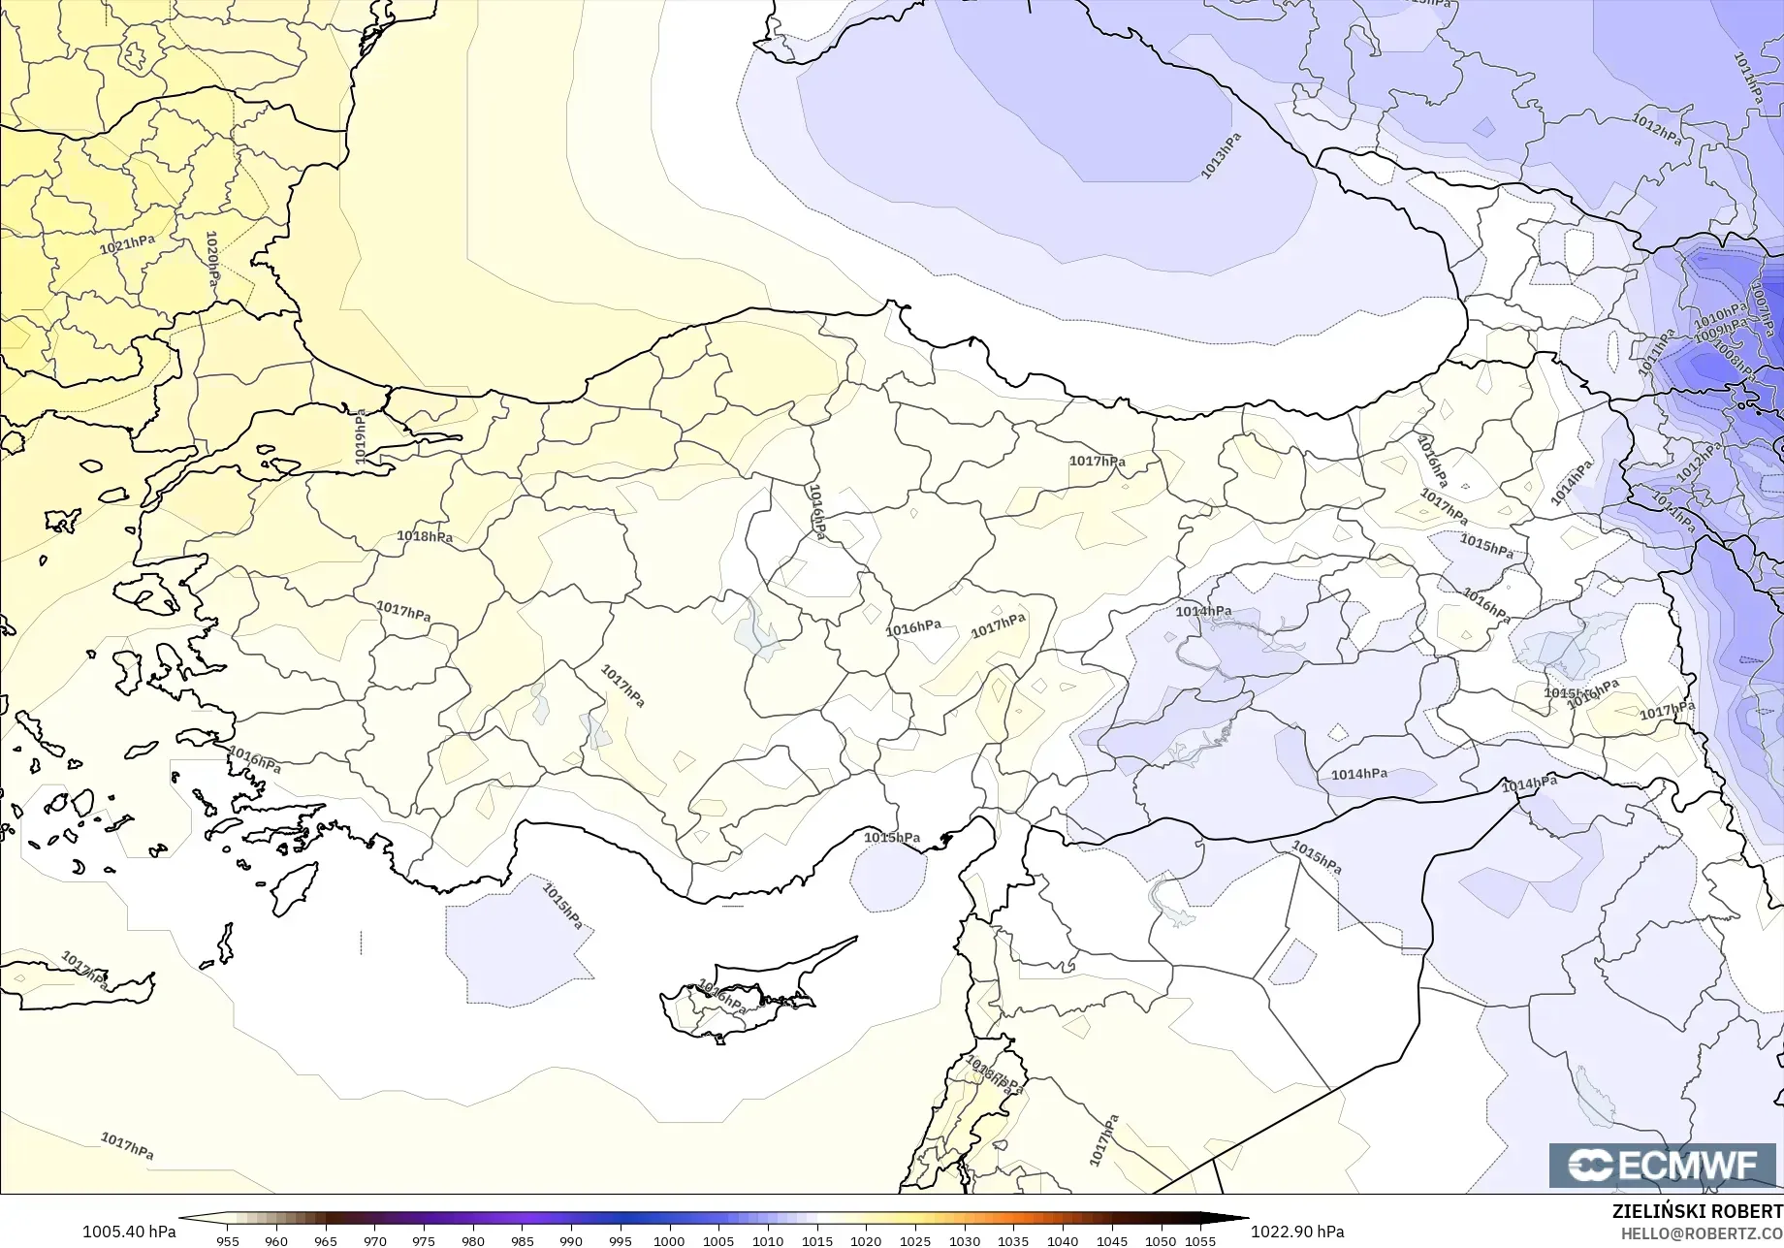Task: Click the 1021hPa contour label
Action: click(x=127, y=244)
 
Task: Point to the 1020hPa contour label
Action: click(x=212, y=258)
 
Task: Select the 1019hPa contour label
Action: click(x=361, y=435)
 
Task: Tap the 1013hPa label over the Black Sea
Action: click(x=1221, y=155)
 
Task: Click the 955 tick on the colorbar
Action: click(x=228, y=1240)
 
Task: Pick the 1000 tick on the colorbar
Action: click(x=669, y=1240)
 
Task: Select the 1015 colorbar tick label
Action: click(x=816, y=1240)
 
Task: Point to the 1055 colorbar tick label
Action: click(x=1200, y=1240)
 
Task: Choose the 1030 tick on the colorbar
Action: click(x=964, y=1240)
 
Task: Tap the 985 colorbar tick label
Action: click(x=522, y=1240)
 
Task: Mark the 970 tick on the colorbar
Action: click(x=374, y=1240)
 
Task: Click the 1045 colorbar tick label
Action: click(x=1111, y=1240)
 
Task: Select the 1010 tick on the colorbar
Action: click(x=767, y=1240)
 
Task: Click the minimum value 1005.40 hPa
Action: click(x=129, y=1232)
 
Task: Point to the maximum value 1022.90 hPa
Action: click(x=1297, y=1232)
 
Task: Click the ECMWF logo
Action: click(x=1662, y=1165)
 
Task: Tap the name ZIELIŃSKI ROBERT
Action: click(x=1697, y=1211)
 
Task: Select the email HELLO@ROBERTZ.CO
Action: click(x=1702, y=1232)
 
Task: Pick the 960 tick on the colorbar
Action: click(x=276, y=1240)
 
